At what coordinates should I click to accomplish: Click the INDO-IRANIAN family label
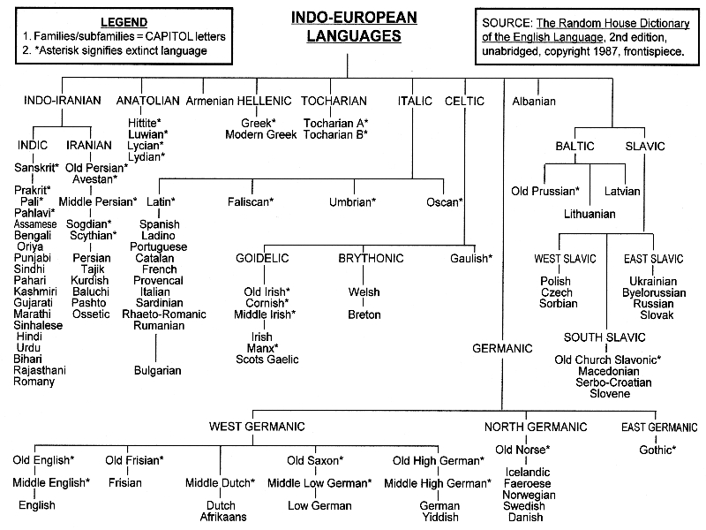pyautogui.click(x=62, y=101)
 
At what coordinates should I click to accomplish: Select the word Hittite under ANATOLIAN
pyautogui.click(x=143, y=119)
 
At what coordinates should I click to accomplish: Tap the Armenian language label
pyautogui.click(x=209, y=101)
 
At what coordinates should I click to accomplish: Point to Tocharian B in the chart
pyautogui.click(x=335, y=133)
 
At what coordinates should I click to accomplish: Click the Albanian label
pyautogui.click(x=534, y=101)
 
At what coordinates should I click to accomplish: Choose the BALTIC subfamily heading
pyautogui.click(x=575, y=146)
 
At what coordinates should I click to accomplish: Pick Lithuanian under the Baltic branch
pyautogui.click(x=590, y=213)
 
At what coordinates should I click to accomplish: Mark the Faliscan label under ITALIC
pyautogui.click(x=251, y=202)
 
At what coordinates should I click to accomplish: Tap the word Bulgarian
pyautogui.click(x=157, y=370)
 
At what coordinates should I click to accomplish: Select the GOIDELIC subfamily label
pyautogui.click(x=262, y=259)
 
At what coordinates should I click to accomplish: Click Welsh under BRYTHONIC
pyautogui.click(x=364, y=291)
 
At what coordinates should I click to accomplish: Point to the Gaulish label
pyautogui.click(x=470, y=259)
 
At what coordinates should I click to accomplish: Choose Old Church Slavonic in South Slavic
pyautogui.click(x=608, y=360)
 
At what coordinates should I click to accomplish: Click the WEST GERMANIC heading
pyautogui.click(x=257, y=427)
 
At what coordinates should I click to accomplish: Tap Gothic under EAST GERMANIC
pyautogui.click(x=657, y=450)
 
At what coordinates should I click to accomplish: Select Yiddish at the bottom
pyautogui.click(x=439, y=517)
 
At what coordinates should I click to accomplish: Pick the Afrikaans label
pyautogui.click(x=223, y=517)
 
